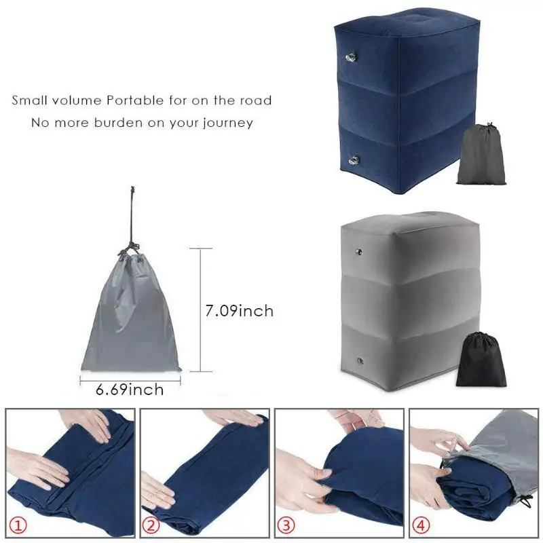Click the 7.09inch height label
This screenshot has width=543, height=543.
click(x=239, y=312)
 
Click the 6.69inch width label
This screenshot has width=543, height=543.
click(x=130, y=390)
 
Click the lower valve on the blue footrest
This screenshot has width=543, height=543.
click(x=354, y=160)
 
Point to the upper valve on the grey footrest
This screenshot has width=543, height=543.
click(x=357, y=253)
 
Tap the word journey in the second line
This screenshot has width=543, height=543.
click(x=227, y=123)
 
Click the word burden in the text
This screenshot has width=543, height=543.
click(x=111, y=123)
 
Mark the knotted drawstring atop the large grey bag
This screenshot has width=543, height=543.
click(x=132, y=248)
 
